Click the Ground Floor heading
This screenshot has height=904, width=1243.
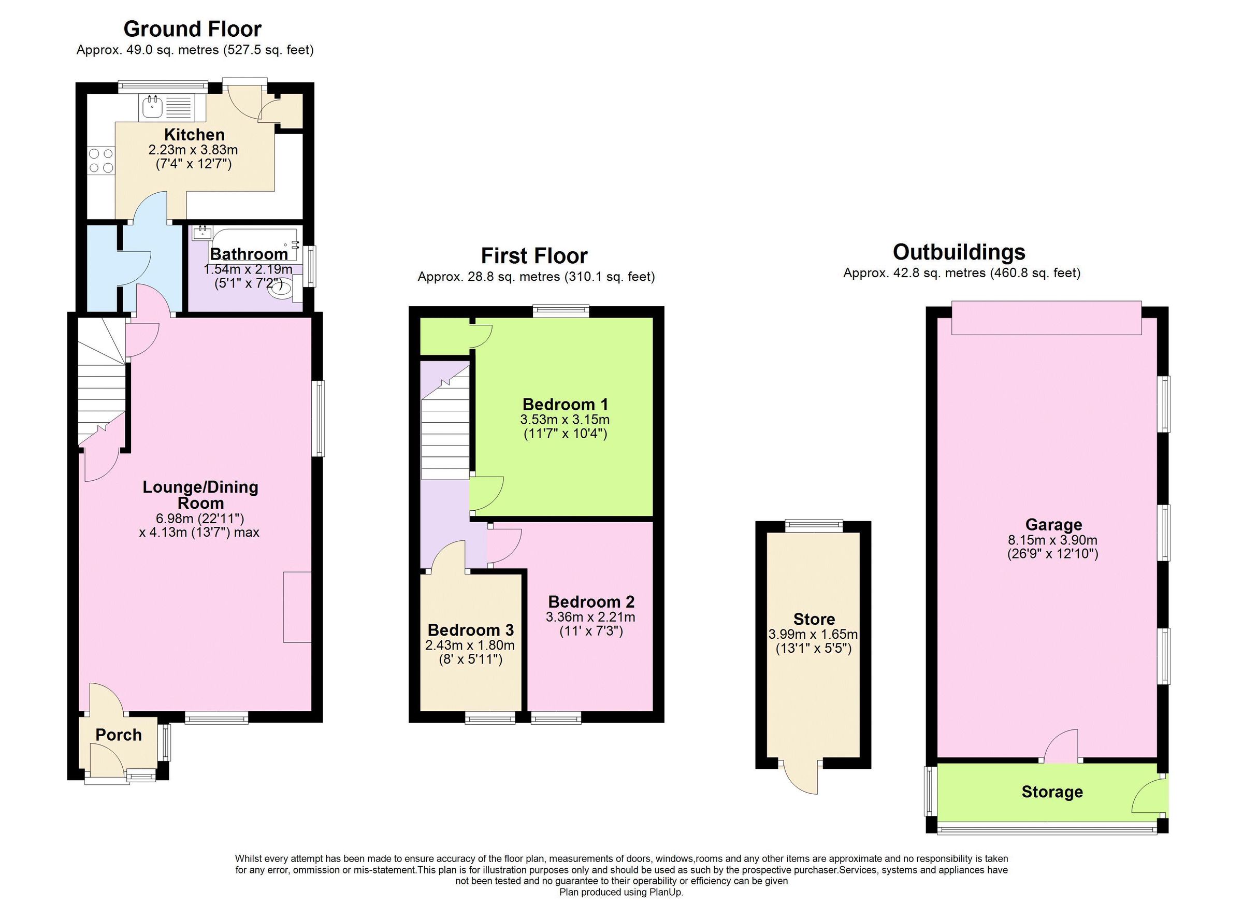tap(192, 28)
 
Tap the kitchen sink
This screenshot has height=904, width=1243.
tap(151, 107)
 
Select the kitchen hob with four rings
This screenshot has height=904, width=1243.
tap(101, 161)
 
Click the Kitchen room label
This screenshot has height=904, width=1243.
tap(194, 134)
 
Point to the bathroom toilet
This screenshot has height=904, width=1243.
tap(283, 289)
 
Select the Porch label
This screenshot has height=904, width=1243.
tap(119, 735)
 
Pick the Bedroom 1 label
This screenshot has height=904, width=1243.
tap(565, 405)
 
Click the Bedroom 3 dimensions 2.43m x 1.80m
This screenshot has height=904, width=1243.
tap(470, 645)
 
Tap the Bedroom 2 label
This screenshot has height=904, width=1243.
tap(591, 601)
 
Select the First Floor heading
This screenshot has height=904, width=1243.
tap(534, 256)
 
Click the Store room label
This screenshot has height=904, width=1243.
tap(814, 620)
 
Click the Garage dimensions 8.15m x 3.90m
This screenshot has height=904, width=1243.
tap(1053, 540)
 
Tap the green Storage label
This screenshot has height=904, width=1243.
tap(1052, 792)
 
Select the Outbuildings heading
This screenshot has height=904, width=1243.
tap(959, 252)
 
